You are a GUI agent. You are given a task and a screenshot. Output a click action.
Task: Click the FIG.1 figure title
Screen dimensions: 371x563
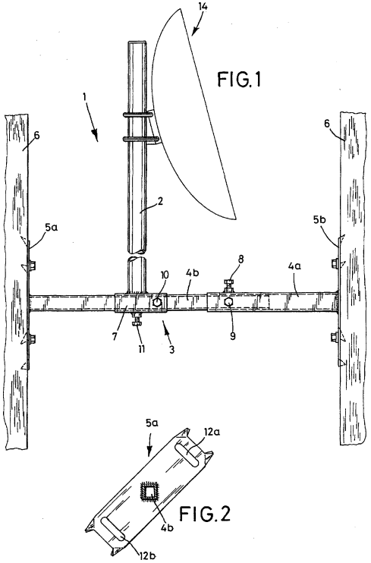[x=239, y=80]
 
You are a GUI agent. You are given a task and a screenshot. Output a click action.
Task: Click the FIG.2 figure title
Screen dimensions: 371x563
[x=205, y=514]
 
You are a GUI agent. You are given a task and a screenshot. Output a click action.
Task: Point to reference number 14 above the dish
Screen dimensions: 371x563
[x=201, y=6]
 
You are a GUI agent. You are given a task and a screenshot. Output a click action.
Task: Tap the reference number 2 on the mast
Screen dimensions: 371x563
[x=160, y=201]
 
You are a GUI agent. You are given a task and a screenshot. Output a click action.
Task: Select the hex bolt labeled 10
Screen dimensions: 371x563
[x=157, y=302]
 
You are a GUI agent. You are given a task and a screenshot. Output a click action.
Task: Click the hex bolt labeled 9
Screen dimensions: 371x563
[x=228, y=302]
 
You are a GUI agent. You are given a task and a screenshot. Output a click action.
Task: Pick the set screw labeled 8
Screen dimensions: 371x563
[x=228, y=286]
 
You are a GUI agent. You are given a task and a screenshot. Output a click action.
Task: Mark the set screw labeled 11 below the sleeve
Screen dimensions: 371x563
[x=137, y=319]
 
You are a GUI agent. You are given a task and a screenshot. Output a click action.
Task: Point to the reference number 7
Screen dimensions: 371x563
[x=115, y=337]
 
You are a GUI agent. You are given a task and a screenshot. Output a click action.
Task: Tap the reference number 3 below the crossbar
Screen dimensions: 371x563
[x=171, y=349]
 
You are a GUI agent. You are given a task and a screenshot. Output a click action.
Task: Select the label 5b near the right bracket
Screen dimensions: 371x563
[x=320, y=220]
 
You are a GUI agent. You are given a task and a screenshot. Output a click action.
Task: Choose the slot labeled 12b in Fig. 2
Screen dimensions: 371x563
[x=113, y=530]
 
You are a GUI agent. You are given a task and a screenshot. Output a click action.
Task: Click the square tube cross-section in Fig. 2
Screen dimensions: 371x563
[x=149, y=491]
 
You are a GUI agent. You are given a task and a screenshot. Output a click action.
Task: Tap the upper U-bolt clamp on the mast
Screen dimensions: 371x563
[x=139, y=115]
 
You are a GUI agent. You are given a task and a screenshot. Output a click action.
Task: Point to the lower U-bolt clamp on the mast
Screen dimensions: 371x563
[x=140, y=138]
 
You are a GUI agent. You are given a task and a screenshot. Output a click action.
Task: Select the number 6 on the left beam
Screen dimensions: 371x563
[x=36, y=135]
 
